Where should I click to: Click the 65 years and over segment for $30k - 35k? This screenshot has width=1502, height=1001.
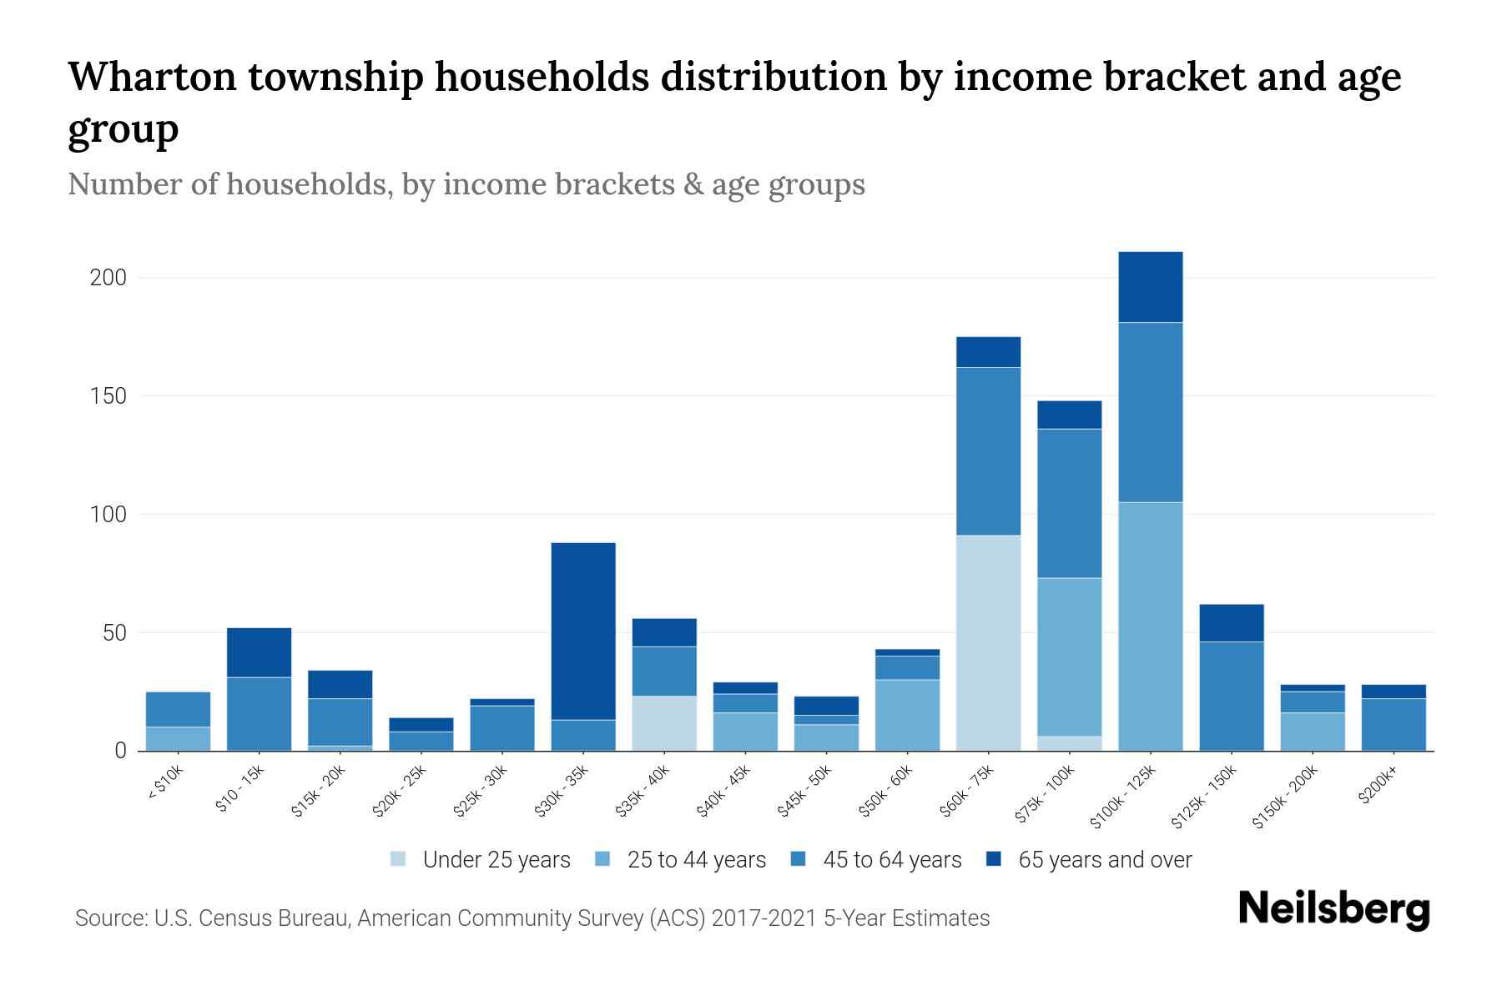583,631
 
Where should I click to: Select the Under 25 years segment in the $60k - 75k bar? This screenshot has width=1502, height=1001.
988,642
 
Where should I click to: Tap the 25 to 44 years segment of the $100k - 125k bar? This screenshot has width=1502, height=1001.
1150,626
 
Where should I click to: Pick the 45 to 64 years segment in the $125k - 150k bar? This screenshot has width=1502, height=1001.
1231,696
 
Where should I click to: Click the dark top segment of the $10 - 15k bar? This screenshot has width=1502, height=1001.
259,652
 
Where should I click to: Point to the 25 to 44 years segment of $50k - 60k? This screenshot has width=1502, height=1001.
907,715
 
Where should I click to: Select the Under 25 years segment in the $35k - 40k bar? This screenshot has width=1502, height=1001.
664,723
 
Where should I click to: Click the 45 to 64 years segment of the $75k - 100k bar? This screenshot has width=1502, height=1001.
1069,503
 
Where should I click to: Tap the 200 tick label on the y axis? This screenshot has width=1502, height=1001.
108,278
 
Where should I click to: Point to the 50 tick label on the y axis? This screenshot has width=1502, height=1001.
114,633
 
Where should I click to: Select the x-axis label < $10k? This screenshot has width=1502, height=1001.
165,784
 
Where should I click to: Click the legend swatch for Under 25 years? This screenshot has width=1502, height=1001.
399,859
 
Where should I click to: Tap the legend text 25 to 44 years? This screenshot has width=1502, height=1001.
696,860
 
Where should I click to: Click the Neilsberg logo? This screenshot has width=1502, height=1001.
1333,909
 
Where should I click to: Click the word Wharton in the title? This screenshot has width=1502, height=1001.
157,77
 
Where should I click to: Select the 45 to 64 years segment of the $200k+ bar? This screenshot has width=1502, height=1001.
1393,724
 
